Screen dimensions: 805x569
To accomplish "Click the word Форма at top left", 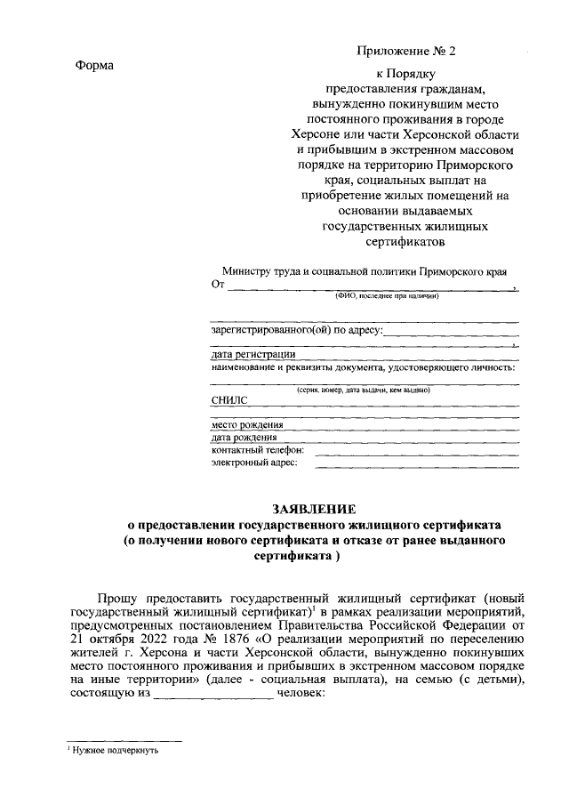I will coord(94,65).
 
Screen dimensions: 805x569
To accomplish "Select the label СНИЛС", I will coord(229,400).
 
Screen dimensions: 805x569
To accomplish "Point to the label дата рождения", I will coord(244,437).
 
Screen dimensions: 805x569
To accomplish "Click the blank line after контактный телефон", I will coord(417,452).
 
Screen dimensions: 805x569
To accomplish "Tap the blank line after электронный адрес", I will coord(417,464).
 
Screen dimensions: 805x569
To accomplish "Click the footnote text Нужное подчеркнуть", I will coord(116,751).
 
